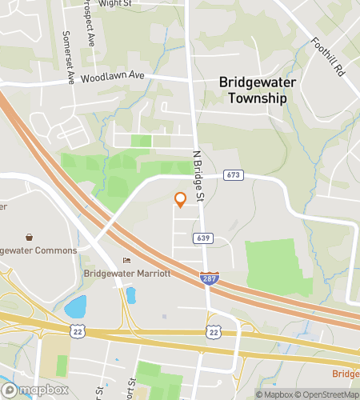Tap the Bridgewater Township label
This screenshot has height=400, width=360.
(x=252, y=90)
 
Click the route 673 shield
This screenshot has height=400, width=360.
(x=233, y=174)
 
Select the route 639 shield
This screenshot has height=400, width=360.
(x=202, y=238)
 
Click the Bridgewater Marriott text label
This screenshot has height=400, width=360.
(x=127, y=273)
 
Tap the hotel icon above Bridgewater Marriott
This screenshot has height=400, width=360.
(x=126, y=261)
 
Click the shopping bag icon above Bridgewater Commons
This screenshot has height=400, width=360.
(x=30, y=238)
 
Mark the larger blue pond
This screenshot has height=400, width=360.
(x=75, y=306)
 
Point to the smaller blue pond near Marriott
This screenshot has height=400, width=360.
(x=130, y=295)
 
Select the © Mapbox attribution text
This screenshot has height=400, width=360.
(x=274, y=394)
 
